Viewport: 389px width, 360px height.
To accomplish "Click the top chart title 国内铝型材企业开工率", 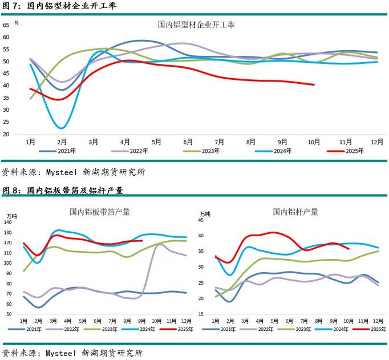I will point(196,25).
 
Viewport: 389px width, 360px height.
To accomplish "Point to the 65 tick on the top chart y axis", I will point(6,25).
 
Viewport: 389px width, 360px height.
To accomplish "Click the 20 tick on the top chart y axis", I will point(6,134).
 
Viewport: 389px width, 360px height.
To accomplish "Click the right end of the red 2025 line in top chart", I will point(314,84).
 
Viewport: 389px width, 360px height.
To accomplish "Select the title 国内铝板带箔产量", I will point(100,212).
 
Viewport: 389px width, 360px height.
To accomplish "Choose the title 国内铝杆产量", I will point(295,212).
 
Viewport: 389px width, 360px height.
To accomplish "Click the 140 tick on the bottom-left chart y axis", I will point(7,222).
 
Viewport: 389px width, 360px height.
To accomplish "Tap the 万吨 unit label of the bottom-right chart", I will point(205,215).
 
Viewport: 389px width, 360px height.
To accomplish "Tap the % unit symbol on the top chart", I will point(17,23).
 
